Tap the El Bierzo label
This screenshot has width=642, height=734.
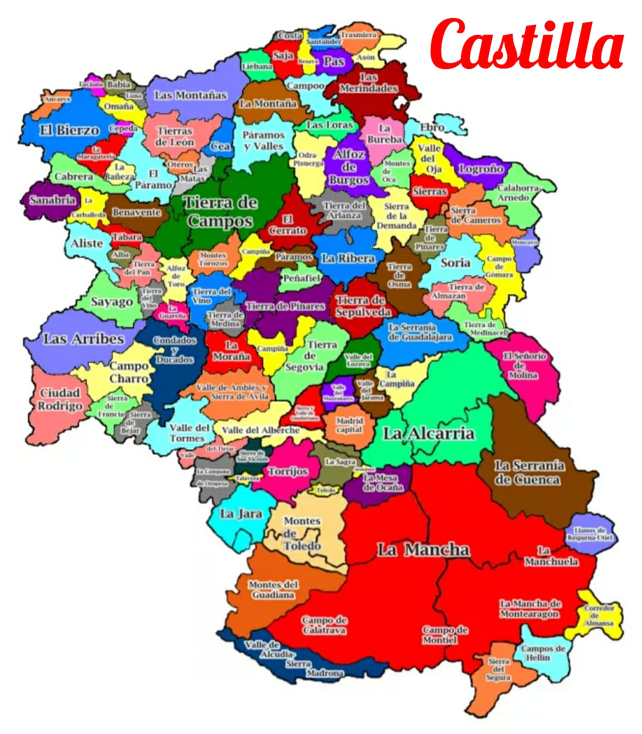(69, 130)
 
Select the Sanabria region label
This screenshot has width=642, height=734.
(52, 200)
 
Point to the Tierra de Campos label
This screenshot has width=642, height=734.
(220, 212)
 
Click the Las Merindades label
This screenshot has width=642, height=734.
(369, 83)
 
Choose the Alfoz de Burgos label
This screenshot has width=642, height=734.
(349, 167)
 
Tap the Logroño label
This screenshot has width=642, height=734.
(481, 169)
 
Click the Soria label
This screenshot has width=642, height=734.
(455, 262)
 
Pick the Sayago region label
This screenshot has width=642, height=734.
(111, 302)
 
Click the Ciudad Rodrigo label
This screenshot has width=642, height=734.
(60, 399)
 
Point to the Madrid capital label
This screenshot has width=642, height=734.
(349, 425)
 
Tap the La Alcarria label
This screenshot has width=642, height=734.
(428, 433)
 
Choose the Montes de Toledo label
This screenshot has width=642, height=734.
(302, 533)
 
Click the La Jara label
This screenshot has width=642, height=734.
(241, 513)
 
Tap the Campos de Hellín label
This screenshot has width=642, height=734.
(542, 653)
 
